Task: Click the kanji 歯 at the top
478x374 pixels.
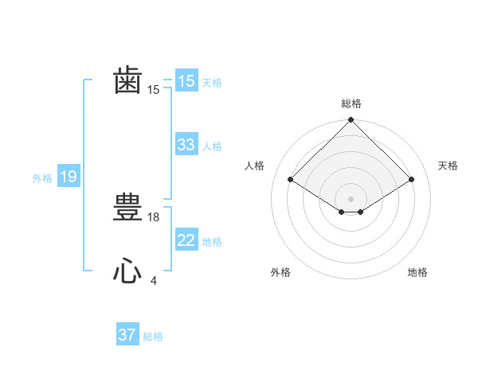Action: (x=127, y=81)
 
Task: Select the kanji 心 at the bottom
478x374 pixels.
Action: (x=127, y=271)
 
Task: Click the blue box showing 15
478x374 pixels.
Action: (x=186, y=81)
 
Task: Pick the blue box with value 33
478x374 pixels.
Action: (x=186, y=145)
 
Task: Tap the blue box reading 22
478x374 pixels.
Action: (x=186, y=240)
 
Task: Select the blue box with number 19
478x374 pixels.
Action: (x=68, y=177)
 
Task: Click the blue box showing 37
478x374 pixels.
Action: (x=127, y=335)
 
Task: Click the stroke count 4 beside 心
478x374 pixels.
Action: (x=153, y=281)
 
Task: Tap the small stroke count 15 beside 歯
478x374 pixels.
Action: (x=154, y=91)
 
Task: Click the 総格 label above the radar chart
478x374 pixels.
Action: (x=351, y=103)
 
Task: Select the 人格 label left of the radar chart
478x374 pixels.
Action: (x=255, y=166)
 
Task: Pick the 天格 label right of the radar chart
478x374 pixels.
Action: (x=448, y=166)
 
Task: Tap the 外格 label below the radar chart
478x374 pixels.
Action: (x=280, y=273)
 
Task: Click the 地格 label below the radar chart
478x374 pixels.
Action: (x=417, y=273)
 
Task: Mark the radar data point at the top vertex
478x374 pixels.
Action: (x=351, y=120)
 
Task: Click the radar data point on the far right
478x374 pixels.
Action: (x=412, y=180)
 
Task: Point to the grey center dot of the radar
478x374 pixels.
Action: (x=351, y=198)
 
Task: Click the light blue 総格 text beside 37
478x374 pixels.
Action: (x=153, y=337)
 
